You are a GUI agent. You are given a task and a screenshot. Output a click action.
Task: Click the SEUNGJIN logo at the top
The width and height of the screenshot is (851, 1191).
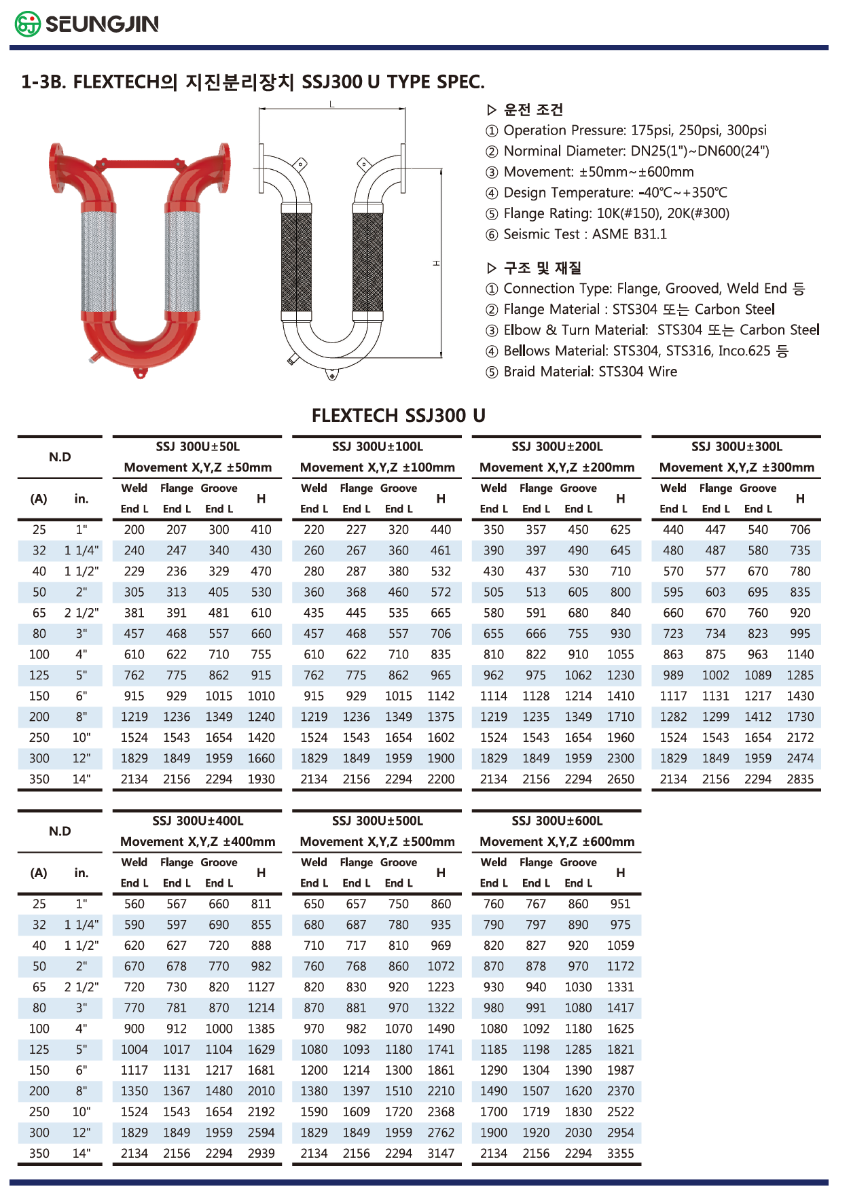(87, 24)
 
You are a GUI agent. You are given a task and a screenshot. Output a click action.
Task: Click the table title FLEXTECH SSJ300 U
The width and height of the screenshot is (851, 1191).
(398, 415)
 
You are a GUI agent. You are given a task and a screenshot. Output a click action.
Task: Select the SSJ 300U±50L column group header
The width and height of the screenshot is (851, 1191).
(198, 446)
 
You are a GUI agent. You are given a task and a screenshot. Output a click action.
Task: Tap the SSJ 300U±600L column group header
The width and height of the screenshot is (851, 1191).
(557, 821)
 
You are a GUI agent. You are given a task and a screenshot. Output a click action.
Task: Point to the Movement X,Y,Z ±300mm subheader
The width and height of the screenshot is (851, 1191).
(736, 467)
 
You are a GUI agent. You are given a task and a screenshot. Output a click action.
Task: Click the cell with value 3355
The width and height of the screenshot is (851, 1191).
(620, 1153)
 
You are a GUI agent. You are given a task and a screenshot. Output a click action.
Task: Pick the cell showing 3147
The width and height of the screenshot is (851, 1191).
(441, 1153)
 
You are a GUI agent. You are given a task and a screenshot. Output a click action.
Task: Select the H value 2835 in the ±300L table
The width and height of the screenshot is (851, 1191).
(800, 779)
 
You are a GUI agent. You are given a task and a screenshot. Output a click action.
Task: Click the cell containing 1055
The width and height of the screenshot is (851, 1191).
(620, 654)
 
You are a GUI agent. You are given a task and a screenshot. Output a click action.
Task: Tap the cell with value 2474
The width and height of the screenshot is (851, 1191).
(800, 758)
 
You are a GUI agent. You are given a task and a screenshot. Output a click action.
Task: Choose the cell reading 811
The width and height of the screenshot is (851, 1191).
(261, 904)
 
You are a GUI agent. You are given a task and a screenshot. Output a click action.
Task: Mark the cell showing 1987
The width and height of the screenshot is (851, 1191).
(620, 1070)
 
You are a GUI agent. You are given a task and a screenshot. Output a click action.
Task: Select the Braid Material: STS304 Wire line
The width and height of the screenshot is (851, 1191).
(590, 372)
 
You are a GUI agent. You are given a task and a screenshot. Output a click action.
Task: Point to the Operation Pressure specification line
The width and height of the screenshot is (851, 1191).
(634, 130)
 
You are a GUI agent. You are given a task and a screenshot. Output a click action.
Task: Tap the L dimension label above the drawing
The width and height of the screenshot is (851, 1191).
(332, 104)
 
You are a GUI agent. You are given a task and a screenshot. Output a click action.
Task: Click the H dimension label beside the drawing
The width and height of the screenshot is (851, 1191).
(436, 263)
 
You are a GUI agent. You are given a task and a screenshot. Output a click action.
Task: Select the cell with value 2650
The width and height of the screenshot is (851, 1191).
(620, 779)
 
